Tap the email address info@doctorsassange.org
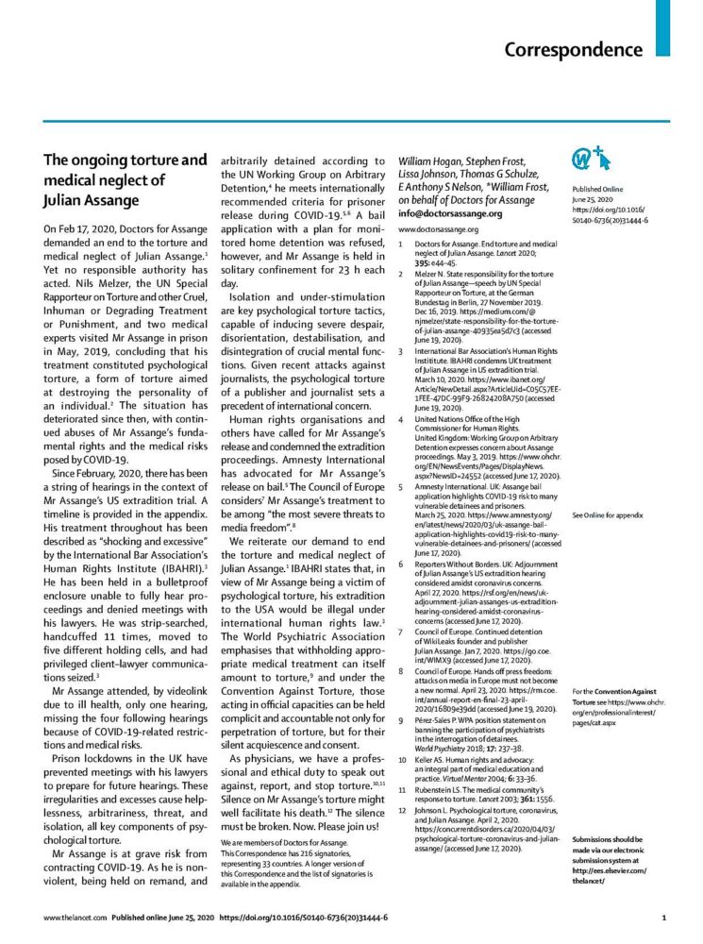(450, 213)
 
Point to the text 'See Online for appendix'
(608, 516)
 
